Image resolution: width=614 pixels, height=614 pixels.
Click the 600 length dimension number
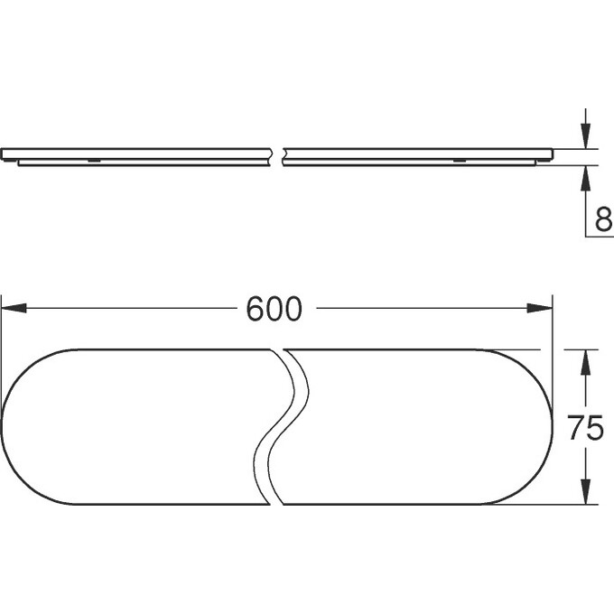(274, 309)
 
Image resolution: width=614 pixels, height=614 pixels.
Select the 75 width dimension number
(585, 427)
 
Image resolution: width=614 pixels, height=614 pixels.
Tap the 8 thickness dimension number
(603, 219)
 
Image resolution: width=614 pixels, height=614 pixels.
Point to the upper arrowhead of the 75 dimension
(586, 358)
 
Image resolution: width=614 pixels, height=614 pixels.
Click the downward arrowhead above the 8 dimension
(586, 139)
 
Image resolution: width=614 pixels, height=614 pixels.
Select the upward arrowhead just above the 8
(586, 175)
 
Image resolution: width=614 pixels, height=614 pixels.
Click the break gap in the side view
(278, 155)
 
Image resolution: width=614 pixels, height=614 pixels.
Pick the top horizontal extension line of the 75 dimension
(542, 349)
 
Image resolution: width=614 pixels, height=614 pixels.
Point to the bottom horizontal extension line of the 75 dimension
(542, 504)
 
